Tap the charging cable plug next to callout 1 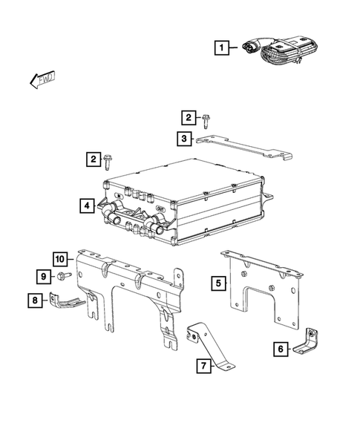pos(250,48)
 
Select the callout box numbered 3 pos(183,137)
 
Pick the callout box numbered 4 pos(88,204)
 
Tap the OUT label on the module pos(160,210)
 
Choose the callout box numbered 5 pos(217,282)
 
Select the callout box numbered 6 pos(280,349)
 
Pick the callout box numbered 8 pos(34,300)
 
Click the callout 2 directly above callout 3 pos(189,117)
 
